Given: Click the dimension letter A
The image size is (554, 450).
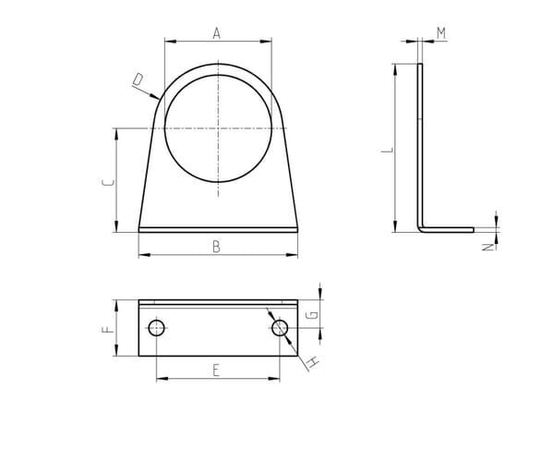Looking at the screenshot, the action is coord(217,33).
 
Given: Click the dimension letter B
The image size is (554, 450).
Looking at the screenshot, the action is coord(216,247).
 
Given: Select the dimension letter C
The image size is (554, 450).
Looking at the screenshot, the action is coord(108,182).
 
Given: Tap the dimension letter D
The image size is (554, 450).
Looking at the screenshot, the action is coord(138,79).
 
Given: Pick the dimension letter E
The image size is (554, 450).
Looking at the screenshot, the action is coord(216,371).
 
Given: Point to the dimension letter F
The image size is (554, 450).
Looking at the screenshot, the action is coord(108,330).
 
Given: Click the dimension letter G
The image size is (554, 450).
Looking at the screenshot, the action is coord(312,314).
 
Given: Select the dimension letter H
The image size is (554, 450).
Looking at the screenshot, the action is coord(313,362).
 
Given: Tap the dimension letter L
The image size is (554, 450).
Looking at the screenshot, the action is coord(387,150).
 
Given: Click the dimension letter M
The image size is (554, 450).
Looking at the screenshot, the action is coord(441,33).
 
